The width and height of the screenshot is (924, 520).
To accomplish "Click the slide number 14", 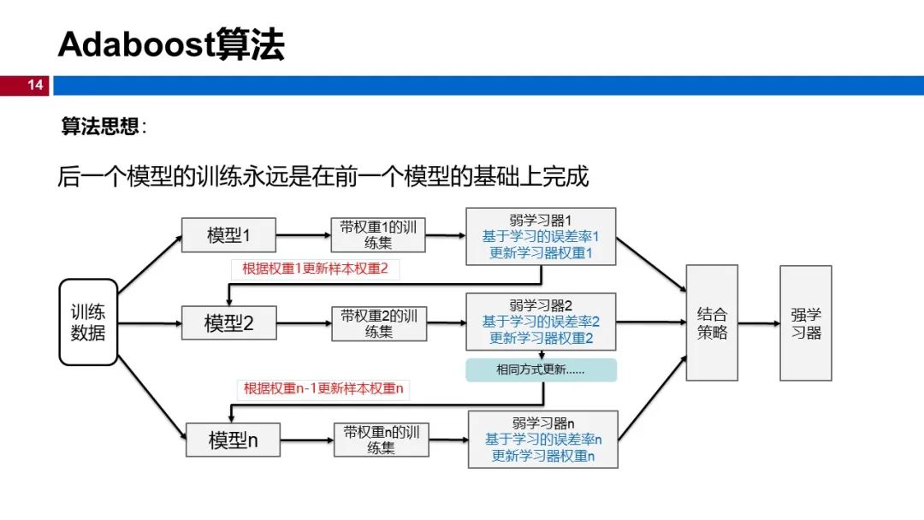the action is (x=35, y=85).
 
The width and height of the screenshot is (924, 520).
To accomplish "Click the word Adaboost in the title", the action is (x=136, y=44).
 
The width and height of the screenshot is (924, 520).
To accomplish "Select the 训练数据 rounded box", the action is (x=88, y=322).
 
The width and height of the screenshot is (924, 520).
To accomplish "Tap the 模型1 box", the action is (x=228, y=235).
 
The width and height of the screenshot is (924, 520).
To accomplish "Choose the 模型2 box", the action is (x=228, y=322).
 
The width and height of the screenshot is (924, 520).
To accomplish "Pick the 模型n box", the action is (x=233, y=440).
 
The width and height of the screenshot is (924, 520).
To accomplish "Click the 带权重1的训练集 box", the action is (x=378, y=235).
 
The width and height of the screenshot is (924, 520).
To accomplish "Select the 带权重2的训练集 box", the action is (x=379, y=323).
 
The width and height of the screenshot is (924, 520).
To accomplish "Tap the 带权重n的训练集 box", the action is (x=382, y=440).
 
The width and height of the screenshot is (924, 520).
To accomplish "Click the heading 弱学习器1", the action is (x=541, y=221).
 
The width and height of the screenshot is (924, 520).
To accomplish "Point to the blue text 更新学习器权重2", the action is (x=541, y=338).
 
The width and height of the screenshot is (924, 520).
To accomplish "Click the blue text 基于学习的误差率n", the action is (x=543, y=440).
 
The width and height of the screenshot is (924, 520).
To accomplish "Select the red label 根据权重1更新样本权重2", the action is (x=315, y=269).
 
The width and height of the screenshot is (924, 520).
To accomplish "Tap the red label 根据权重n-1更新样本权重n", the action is (x=323, y=388).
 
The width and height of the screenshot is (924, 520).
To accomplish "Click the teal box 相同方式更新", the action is (x=541, y=369).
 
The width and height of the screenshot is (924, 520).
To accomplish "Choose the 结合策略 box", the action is (x=712, y=322).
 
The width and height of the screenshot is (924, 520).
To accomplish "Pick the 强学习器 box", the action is (x=806, y=322).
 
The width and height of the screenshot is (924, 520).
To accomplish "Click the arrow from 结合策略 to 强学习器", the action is (x=759, y=323).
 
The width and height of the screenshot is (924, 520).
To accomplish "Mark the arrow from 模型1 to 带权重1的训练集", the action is (x=304, y=235).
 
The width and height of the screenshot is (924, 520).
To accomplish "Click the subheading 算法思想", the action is (x=99, y=126).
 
